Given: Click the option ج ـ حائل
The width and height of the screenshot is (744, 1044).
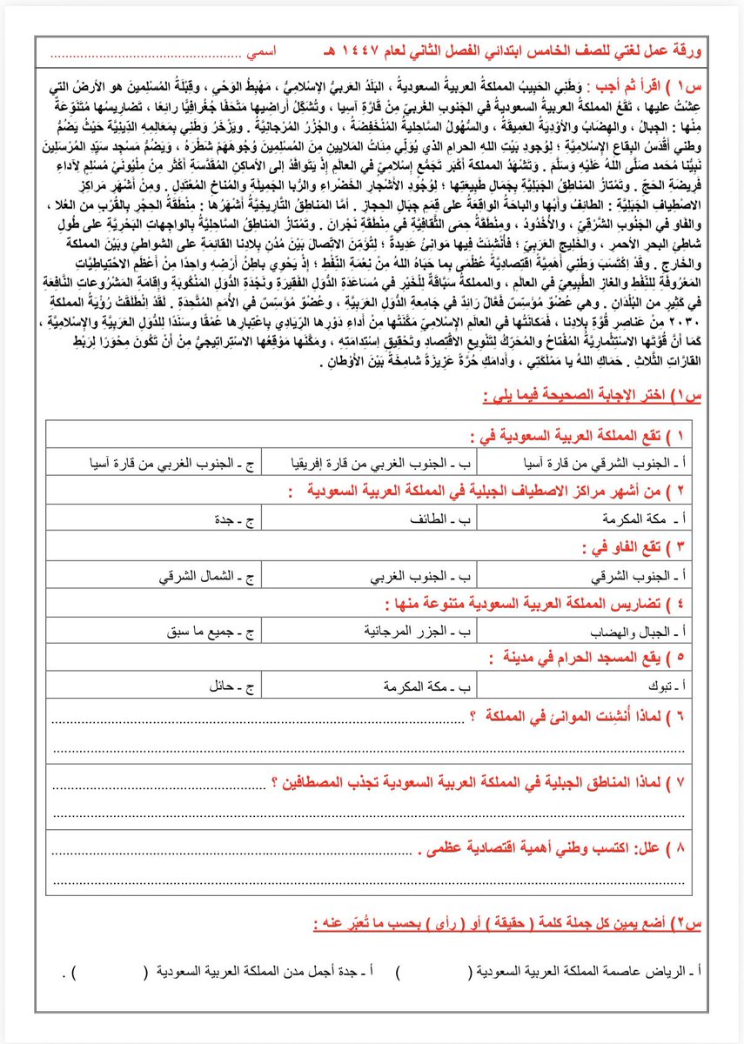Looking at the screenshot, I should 216,686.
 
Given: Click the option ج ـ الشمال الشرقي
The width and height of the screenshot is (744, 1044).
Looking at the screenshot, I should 193,574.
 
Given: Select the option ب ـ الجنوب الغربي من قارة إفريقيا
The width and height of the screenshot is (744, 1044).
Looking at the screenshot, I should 379,464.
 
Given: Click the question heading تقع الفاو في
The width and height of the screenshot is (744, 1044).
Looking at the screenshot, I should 634,547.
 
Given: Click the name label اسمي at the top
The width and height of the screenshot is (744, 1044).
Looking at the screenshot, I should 265,54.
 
